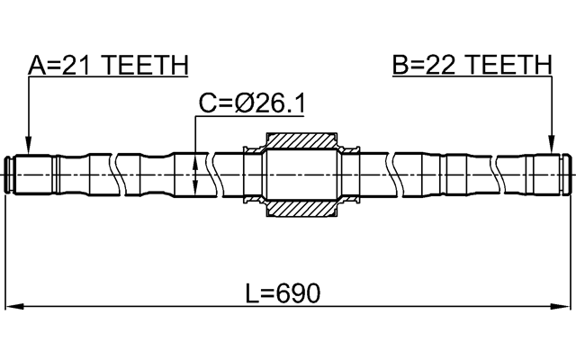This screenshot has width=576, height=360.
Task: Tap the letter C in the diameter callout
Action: [x=207, y=105]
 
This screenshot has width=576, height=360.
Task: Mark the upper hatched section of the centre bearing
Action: [x=301, y=141]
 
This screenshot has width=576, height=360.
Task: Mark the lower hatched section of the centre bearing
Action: [x=301, y=209]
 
